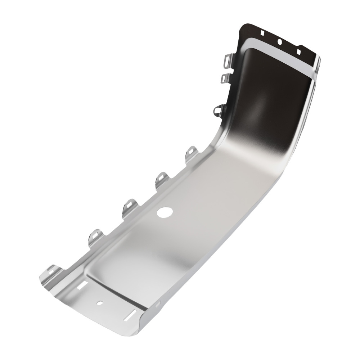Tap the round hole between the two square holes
tap(279, 42)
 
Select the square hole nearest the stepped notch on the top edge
tap(298, 51)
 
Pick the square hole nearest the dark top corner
tap(262, 33)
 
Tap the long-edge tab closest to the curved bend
tap(192, 153)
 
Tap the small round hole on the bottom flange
tap(101, 303)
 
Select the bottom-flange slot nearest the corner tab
tap(82, 285)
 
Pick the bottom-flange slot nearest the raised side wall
tap(129, 316)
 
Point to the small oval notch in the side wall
tap(157, 305)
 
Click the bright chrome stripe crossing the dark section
tap(281, 61)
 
